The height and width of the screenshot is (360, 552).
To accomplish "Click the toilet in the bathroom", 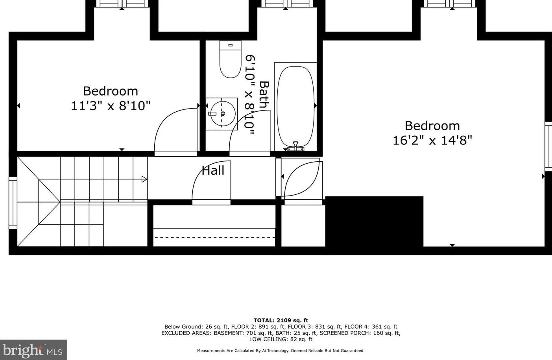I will (230, 60).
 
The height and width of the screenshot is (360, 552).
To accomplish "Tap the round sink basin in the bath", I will (222, 114).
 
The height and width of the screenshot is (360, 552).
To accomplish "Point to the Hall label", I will (213, 170).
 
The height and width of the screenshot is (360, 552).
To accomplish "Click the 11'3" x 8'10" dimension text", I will (111, 106).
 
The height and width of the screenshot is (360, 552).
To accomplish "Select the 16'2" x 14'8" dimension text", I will (432, 140).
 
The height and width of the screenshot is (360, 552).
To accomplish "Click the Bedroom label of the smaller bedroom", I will (111, 91).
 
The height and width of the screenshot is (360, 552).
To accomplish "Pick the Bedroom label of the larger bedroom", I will (432, 126).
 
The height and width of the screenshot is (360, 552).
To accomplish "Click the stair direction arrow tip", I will (145, 179).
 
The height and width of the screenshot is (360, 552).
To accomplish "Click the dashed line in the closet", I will (214, 237).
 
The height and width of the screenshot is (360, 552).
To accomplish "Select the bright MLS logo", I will (33, 350).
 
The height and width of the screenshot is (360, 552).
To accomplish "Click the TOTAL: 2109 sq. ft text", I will (281, 320).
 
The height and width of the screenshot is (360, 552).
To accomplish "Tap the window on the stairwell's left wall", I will (13, 203).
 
